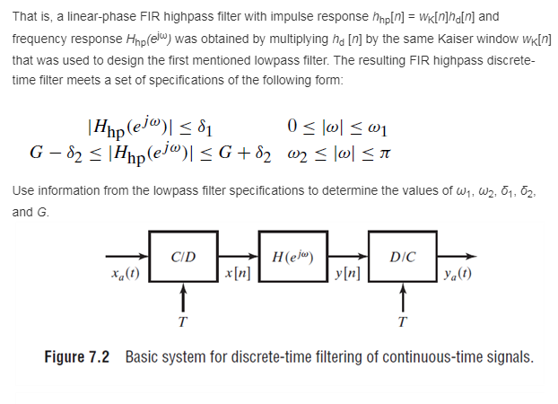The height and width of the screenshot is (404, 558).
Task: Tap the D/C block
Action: pyautogui.click(x=402, y=259)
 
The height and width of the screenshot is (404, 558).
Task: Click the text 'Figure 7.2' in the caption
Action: pyautogui.click(x=77, y=357)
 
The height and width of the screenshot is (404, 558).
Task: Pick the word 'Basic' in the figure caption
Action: pyautogui.click(x=143, y=357)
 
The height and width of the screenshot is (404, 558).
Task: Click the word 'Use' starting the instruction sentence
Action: pyautogui.click(x=24, y=192)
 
